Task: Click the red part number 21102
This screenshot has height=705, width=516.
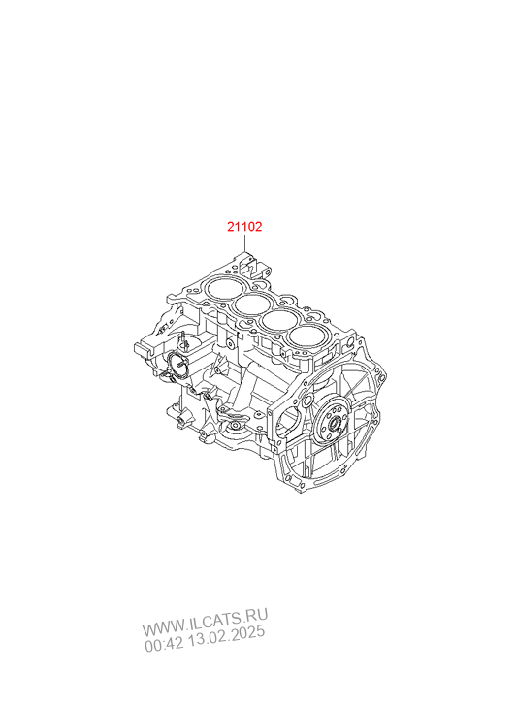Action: point(244,227)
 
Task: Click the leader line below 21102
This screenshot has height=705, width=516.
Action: point(244,242)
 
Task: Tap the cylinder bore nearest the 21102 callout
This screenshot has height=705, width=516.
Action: point(221,287)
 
